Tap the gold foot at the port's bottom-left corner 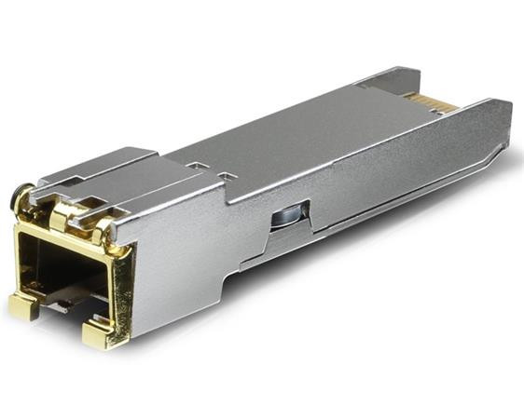22,305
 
